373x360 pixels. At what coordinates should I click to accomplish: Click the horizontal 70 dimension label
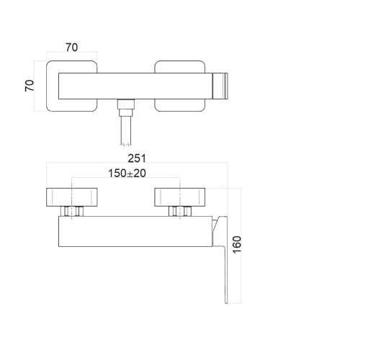tap(71, 48)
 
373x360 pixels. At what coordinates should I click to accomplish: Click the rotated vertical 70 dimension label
tap(30, 86)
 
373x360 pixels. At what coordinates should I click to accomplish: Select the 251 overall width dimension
tap(137, 158)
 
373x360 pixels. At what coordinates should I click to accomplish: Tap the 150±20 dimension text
tap(126, 174)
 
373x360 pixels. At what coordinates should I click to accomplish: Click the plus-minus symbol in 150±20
tap(129, 174)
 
